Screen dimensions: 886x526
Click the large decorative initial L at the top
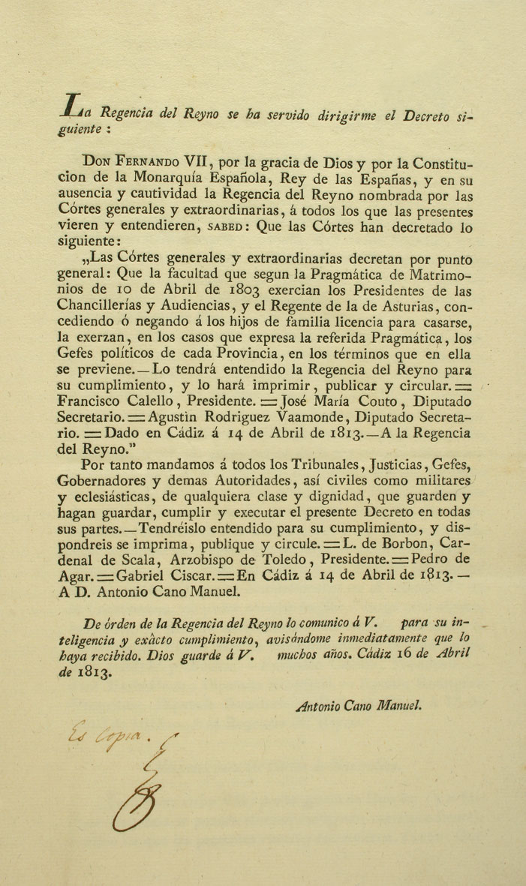coord(73,107)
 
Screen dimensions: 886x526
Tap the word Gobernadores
coord(104,481)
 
